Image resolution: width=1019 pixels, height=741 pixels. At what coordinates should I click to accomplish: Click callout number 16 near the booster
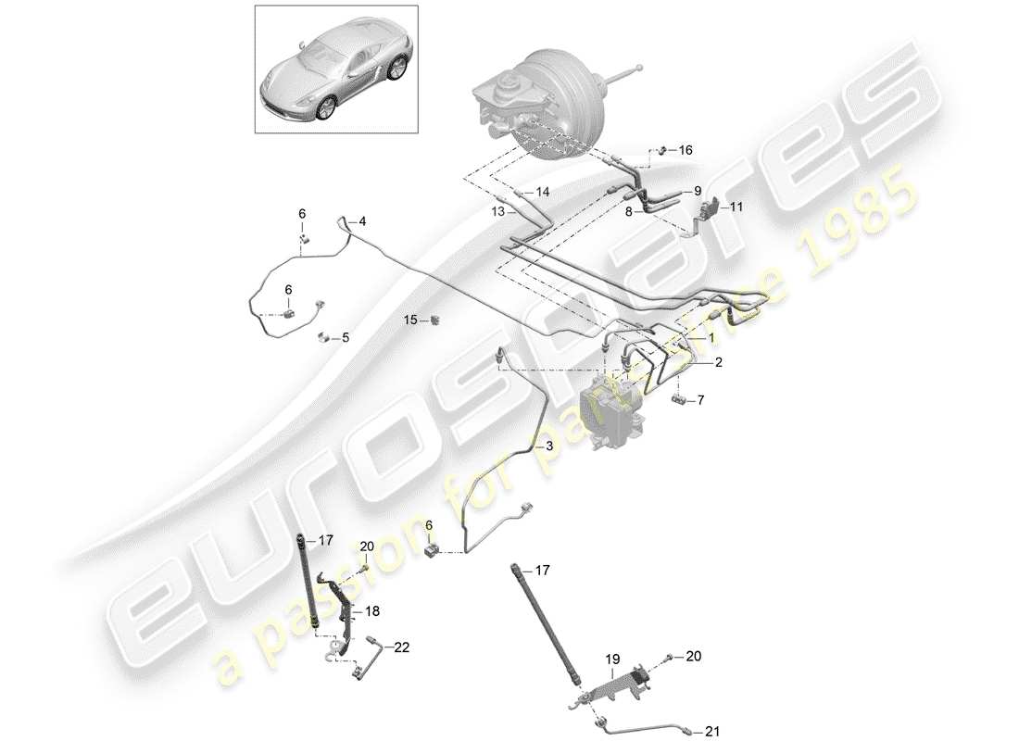pos(686,150)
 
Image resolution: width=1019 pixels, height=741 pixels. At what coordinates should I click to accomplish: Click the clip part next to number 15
pos(435,320)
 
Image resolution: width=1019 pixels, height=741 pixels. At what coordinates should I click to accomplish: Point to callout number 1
pos(711,339)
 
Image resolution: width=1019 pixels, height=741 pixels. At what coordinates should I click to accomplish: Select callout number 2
pos(718,364)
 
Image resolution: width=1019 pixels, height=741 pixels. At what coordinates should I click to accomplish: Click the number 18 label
pos(372,611)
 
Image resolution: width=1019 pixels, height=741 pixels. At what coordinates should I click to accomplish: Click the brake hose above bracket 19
pos(547,630)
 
